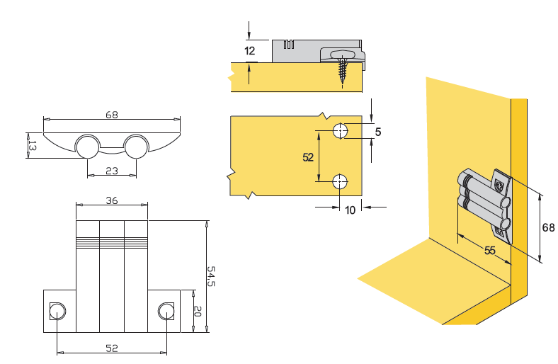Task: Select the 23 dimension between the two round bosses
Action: (111, 170)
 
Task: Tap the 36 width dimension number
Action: (111, 200)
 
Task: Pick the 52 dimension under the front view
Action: (111, 348)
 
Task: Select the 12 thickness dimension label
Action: (249, 51)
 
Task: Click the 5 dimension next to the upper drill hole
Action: (378, 132)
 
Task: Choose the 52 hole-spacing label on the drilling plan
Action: (308, 157)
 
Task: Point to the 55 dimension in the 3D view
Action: (490, 250)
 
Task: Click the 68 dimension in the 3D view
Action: (548, 227)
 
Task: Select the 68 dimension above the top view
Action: (111, 114)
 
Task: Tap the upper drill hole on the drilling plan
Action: (341, 130)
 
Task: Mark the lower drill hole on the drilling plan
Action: (341, 181)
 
